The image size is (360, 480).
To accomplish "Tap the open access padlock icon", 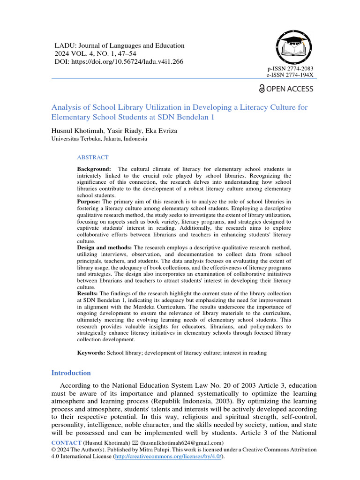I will (x=262, y=89).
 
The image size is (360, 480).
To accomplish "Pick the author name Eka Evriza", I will (x=161, y=131).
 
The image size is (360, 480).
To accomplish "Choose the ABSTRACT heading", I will (x=93, y=157).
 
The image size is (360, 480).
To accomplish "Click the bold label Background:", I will (x=94, y=169).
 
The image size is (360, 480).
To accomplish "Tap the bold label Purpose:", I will (x=89, y=202).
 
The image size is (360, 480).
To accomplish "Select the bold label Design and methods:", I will (x=105, y=247).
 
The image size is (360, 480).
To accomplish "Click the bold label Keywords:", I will (x=91, y=352).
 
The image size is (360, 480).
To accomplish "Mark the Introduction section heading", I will (x=71, y=373).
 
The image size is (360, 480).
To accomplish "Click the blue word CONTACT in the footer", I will (x=66, y=442).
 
